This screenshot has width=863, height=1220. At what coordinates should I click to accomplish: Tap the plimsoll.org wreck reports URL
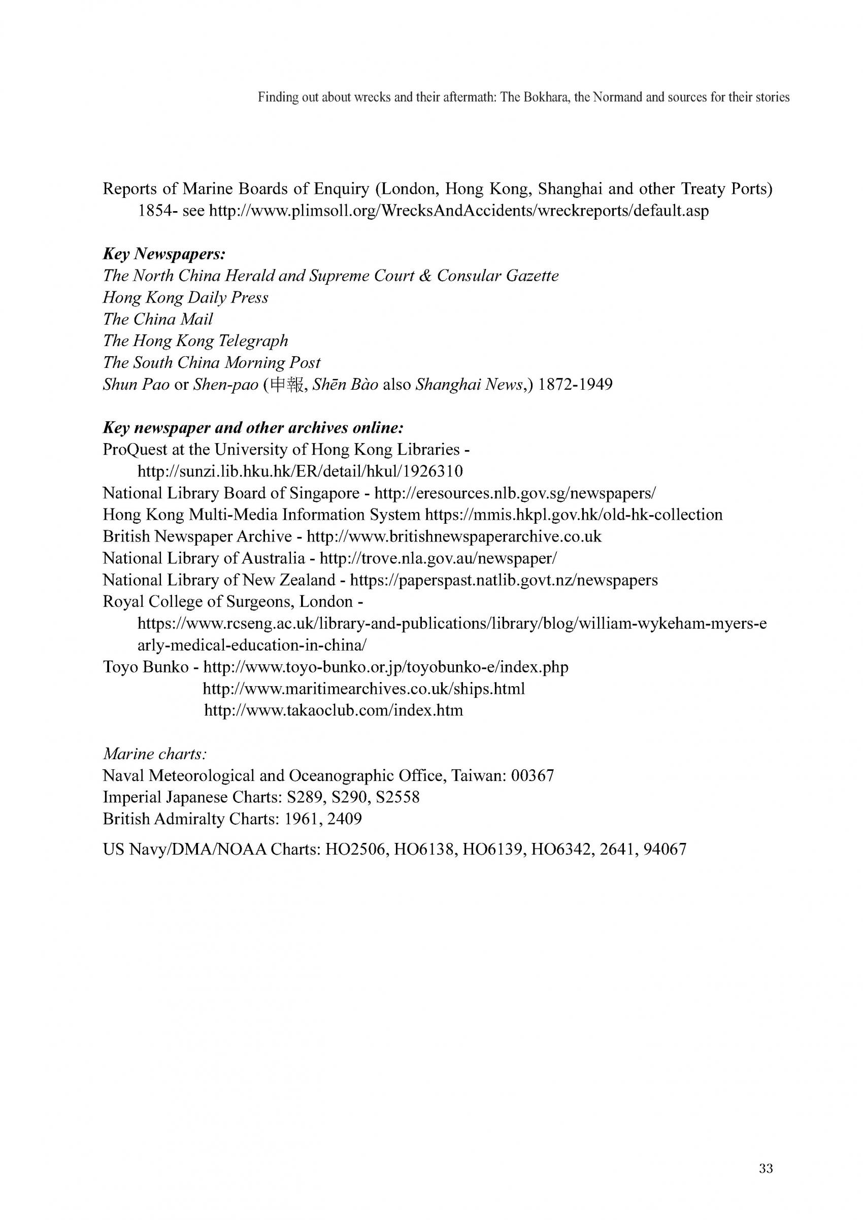[x=459, y=211]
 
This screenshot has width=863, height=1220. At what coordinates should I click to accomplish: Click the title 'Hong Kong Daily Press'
[x=185, y=297]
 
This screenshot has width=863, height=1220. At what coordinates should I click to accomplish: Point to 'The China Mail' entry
[x=158, y=319]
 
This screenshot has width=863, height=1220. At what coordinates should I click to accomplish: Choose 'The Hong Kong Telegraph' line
[x=195, y=341]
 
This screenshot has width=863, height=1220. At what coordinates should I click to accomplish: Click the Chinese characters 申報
[x=287, y=384]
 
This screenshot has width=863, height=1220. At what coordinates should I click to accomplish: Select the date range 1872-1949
[x=576, y=384]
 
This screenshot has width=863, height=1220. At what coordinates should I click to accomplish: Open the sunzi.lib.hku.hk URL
[x=300, y=471]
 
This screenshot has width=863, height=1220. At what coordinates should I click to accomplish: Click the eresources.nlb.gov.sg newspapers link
[x=515, y=493]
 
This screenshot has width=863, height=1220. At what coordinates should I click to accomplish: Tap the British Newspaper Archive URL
[x=454, y=537]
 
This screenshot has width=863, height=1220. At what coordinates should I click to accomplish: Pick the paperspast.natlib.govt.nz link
[x=504, y=580]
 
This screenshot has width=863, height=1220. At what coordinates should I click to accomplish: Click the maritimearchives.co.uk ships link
[x=364, y=689]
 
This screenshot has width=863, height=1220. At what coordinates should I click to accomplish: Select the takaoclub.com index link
[x=334, y=710]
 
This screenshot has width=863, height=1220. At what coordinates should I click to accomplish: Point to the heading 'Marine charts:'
[x=155, y=754]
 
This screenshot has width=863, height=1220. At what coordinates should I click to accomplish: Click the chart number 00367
[x=532, y=776]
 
